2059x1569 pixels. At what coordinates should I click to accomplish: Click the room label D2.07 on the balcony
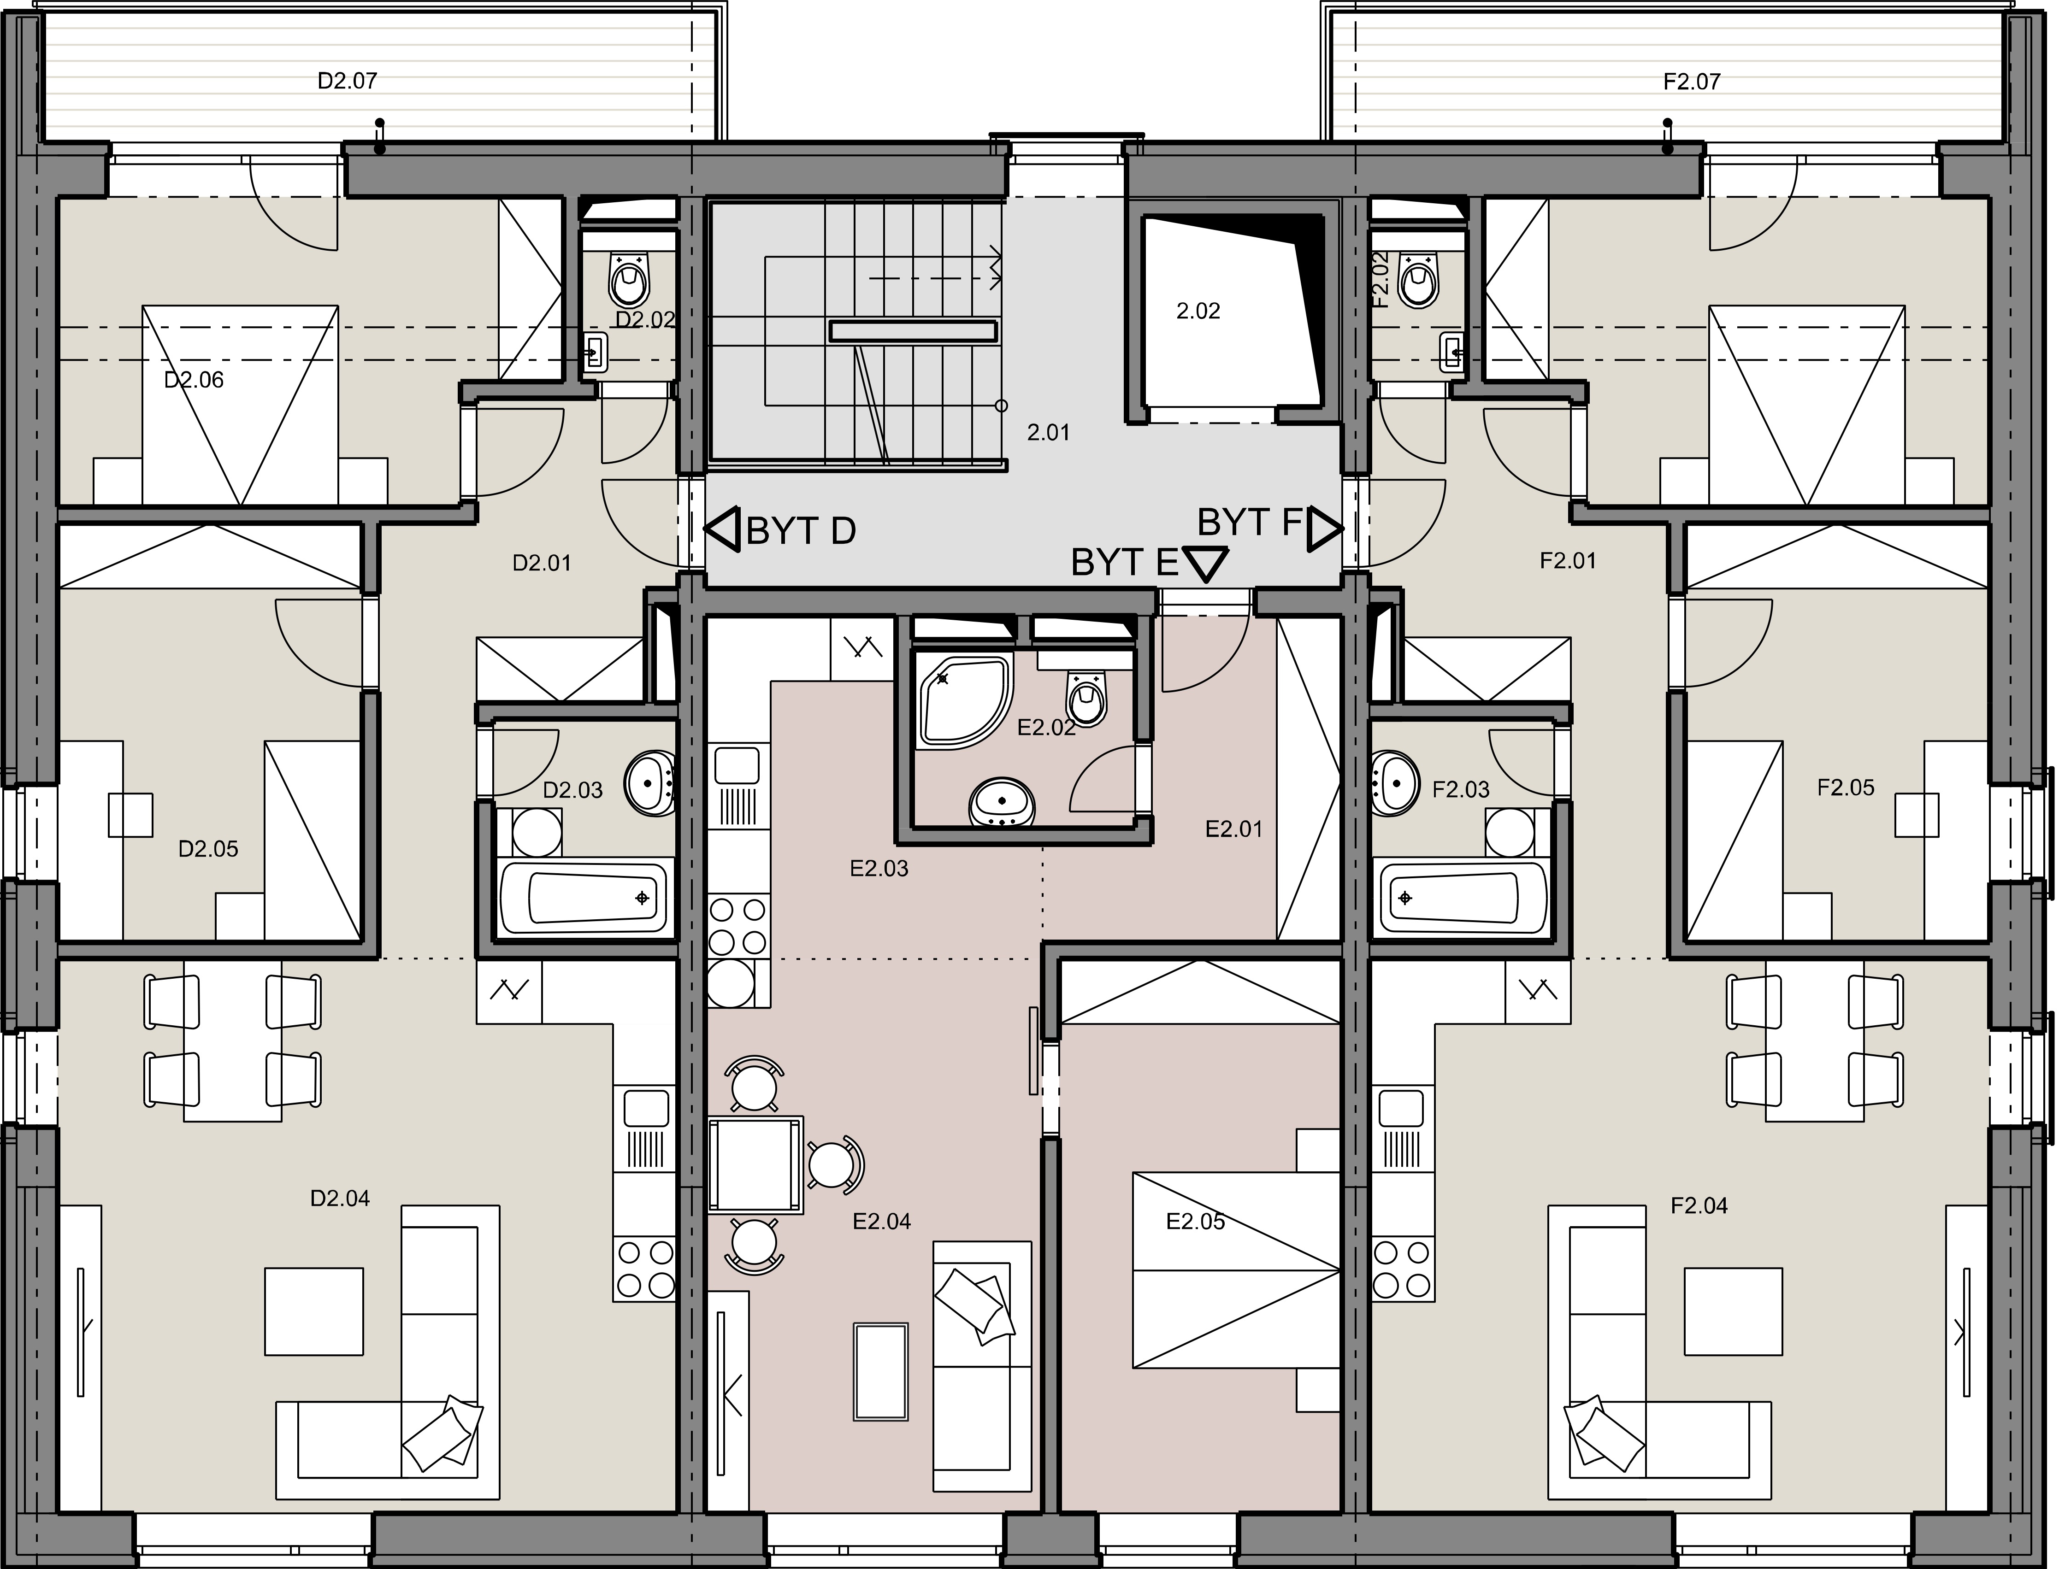point(348,81)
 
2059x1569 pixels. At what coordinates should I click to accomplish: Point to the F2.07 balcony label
point(1692,82)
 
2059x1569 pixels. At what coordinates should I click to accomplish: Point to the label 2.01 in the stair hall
point(1048,432)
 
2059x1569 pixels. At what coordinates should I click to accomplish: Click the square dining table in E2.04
point(755,1164)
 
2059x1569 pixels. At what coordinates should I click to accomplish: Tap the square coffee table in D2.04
point(314,1311)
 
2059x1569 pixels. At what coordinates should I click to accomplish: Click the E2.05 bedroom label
point(1196,1222)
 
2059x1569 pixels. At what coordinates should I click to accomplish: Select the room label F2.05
point(1846,787)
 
